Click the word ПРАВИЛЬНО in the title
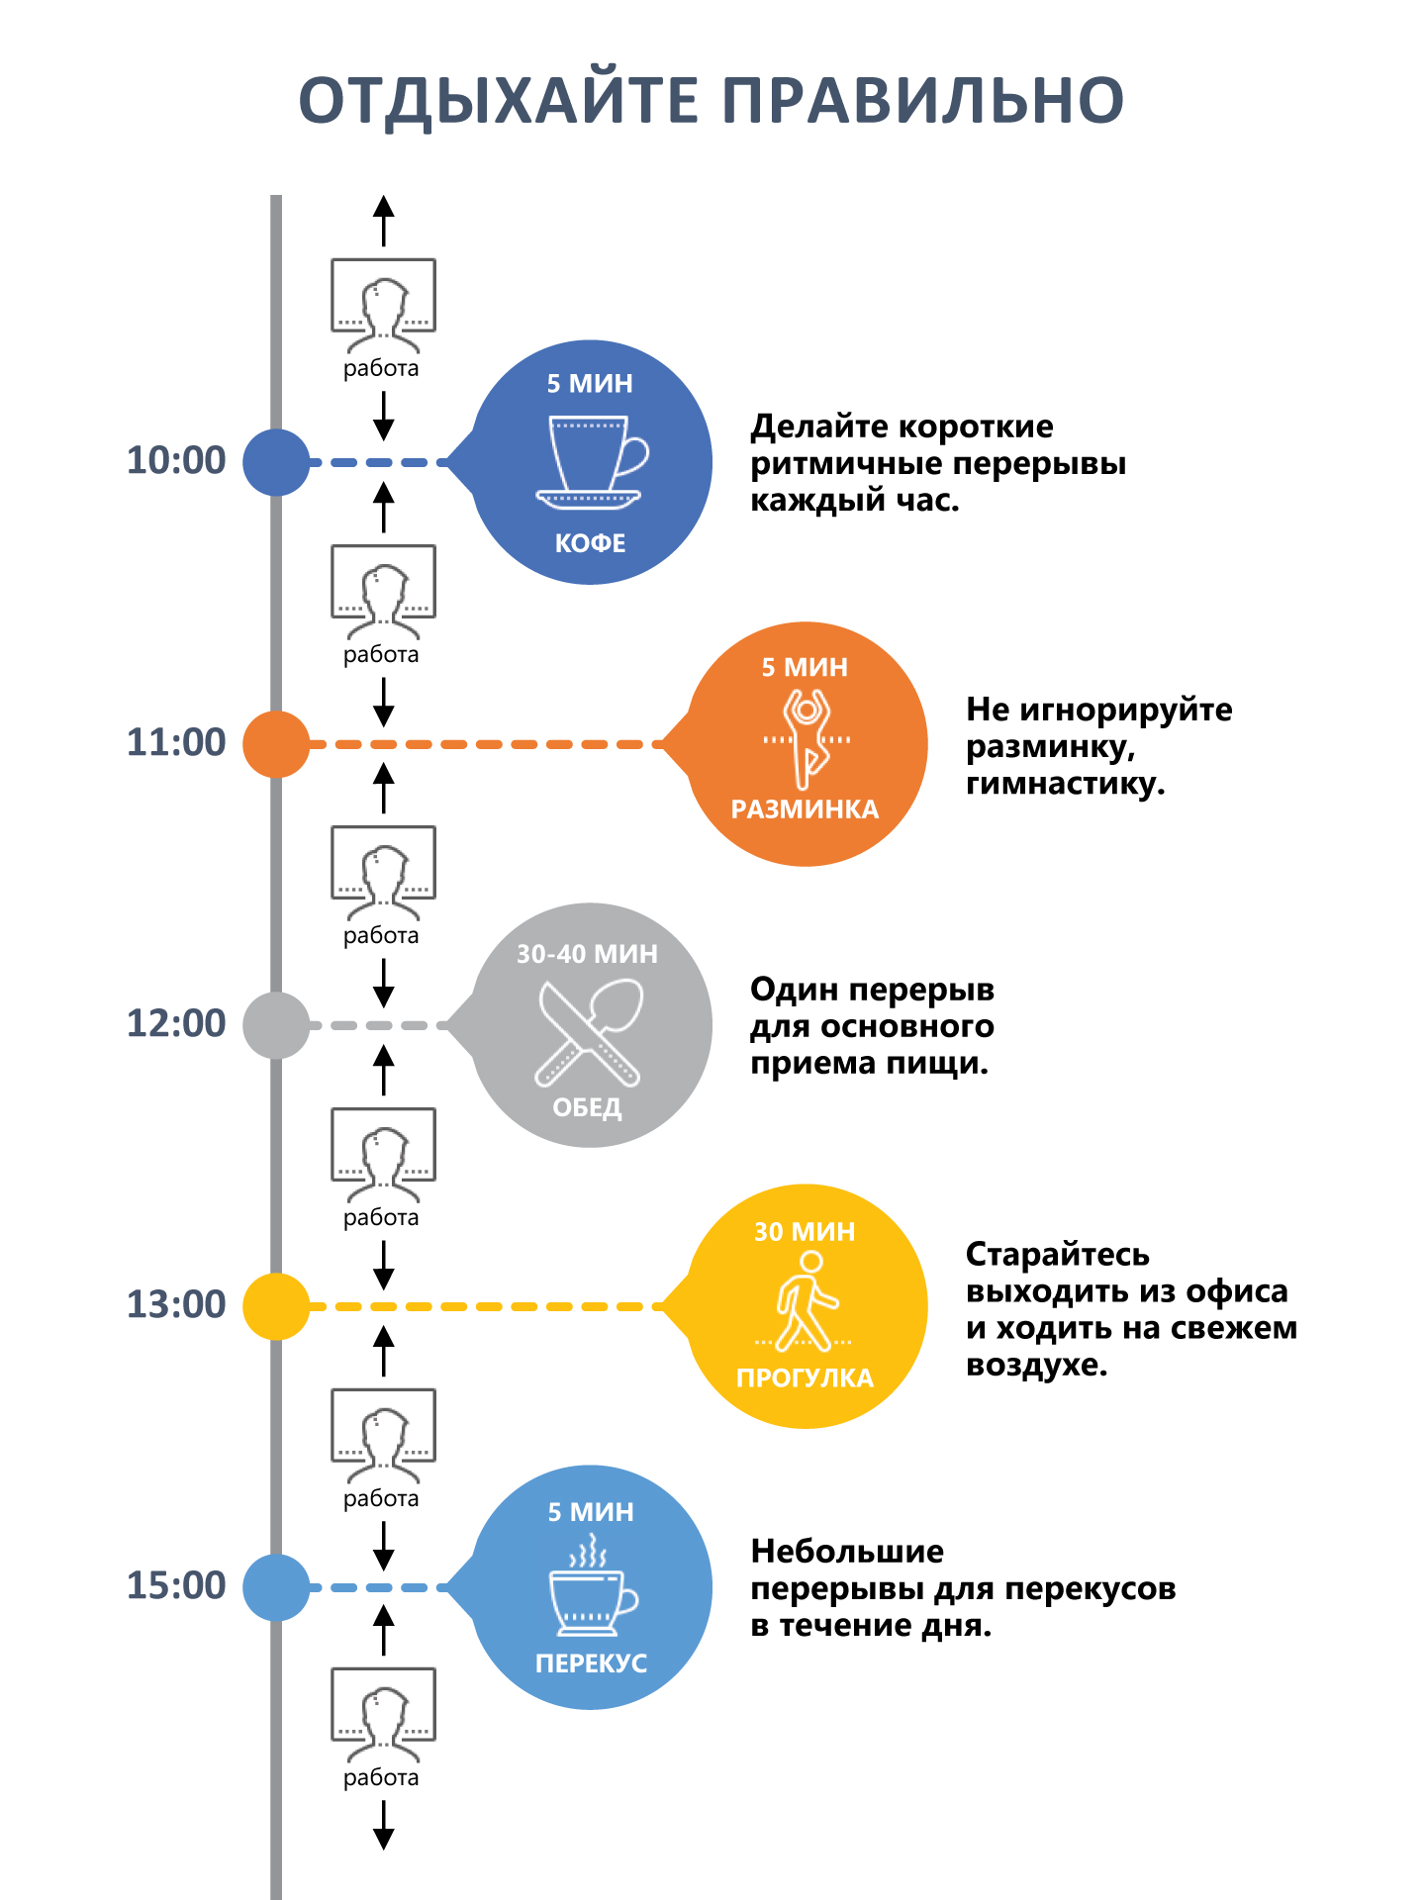point(922,101)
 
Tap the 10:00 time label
point(176,461)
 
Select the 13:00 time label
point(176,1305)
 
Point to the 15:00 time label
point(176,1585)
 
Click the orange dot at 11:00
point(276,744)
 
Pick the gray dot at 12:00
point(276,1025)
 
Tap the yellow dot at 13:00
point(276,1306)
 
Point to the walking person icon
point(805,1301)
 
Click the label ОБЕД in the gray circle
point(588,1107)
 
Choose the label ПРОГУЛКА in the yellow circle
point(806,1378)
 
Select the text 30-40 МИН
point(588,954)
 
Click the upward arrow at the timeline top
point(384,220)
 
